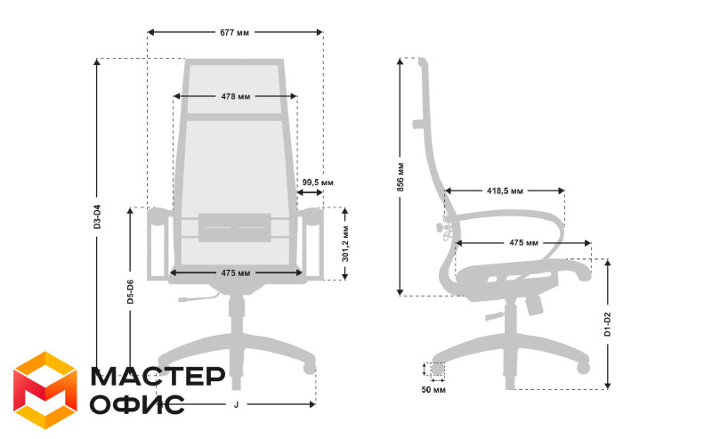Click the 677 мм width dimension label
point(234,33)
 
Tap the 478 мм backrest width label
point(236,96)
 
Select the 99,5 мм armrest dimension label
point(318,183)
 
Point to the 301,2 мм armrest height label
point(345,243)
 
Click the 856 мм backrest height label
point(400,177)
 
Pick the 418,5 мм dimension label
point(505,191)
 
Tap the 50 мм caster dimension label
point(433,390)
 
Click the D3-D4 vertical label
point(97,216)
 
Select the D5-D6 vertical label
point(130,292)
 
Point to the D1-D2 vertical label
point(608,324)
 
